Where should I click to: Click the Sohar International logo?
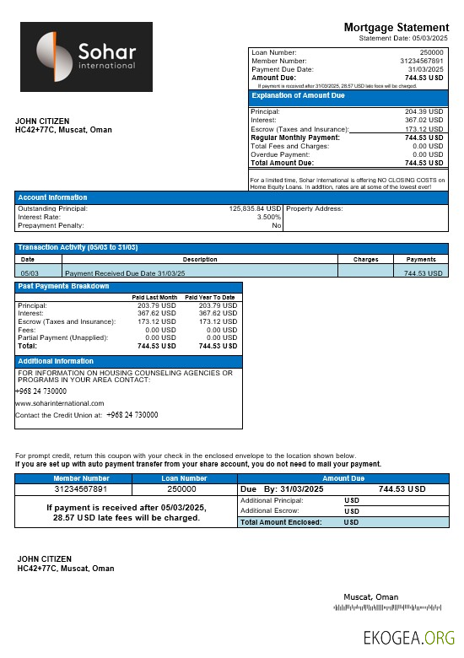point(86,57)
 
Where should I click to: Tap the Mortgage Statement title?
point(396,28)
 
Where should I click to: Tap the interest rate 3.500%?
point(269,217)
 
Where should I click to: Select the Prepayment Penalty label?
point(51,225)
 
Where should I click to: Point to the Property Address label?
point(315,208)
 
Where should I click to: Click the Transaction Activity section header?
point(78,247)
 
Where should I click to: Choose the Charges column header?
point(365,260)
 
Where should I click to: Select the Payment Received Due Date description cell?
point(125,273)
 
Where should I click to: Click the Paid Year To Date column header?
point(210,298)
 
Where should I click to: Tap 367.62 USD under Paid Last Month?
point(157,313)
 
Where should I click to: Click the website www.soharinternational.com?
point(60,403)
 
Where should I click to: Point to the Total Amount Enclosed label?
point(281,523)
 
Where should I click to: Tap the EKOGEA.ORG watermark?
point(408,639)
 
